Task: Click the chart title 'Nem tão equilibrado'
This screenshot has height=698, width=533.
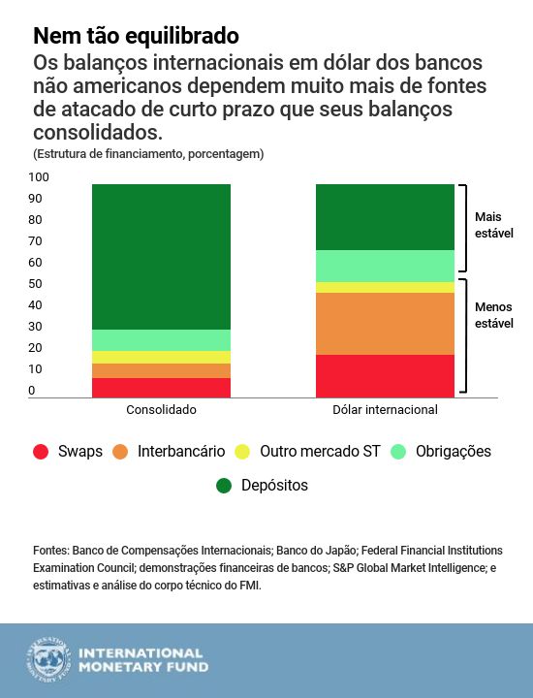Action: [136, 37]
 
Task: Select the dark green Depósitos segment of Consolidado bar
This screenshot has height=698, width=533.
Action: [162, 257]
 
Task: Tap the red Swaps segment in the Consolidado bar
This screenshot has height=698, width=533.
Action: [162, 387]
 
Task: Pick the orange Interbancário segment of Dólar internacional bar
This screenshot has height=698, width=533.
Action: [386, 324]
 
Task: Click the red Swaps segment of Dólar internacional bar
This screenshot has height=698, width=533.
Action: [386, 375]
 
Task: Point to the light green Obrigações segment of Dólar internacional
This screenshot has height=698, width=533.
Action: [386, 266]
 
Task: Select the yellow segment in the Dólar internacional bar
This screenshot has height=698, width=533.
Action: [386, 287]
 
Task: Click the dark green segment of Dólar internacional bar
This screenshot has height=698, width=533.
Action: [386, 217]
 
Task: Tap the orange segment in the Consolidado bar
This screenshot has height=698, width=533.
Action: [162, 370]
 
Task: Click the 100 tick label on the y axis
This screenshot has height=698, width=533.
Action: [38, 177]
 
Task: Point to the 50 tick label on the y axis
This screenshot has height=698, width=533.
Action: [35, 284]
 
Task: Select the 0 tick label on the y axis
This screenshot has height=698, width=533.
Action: [31, 391]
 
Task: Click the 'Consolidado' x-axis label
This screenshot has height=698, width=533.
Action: [162, 410]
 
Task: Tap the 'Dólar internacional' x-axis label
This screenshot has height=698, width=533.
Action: [386, 410]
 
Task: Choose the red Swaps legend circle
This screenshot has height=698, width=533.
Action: [41, 452]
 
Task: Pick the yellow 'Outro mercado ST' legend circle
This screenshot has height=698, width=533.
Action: [243, 452]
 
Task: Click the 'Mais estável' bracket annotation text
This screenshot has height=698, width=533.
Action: [493, 225]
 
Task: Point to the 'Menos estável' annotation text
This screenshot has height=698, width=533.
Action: [493, 315]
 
